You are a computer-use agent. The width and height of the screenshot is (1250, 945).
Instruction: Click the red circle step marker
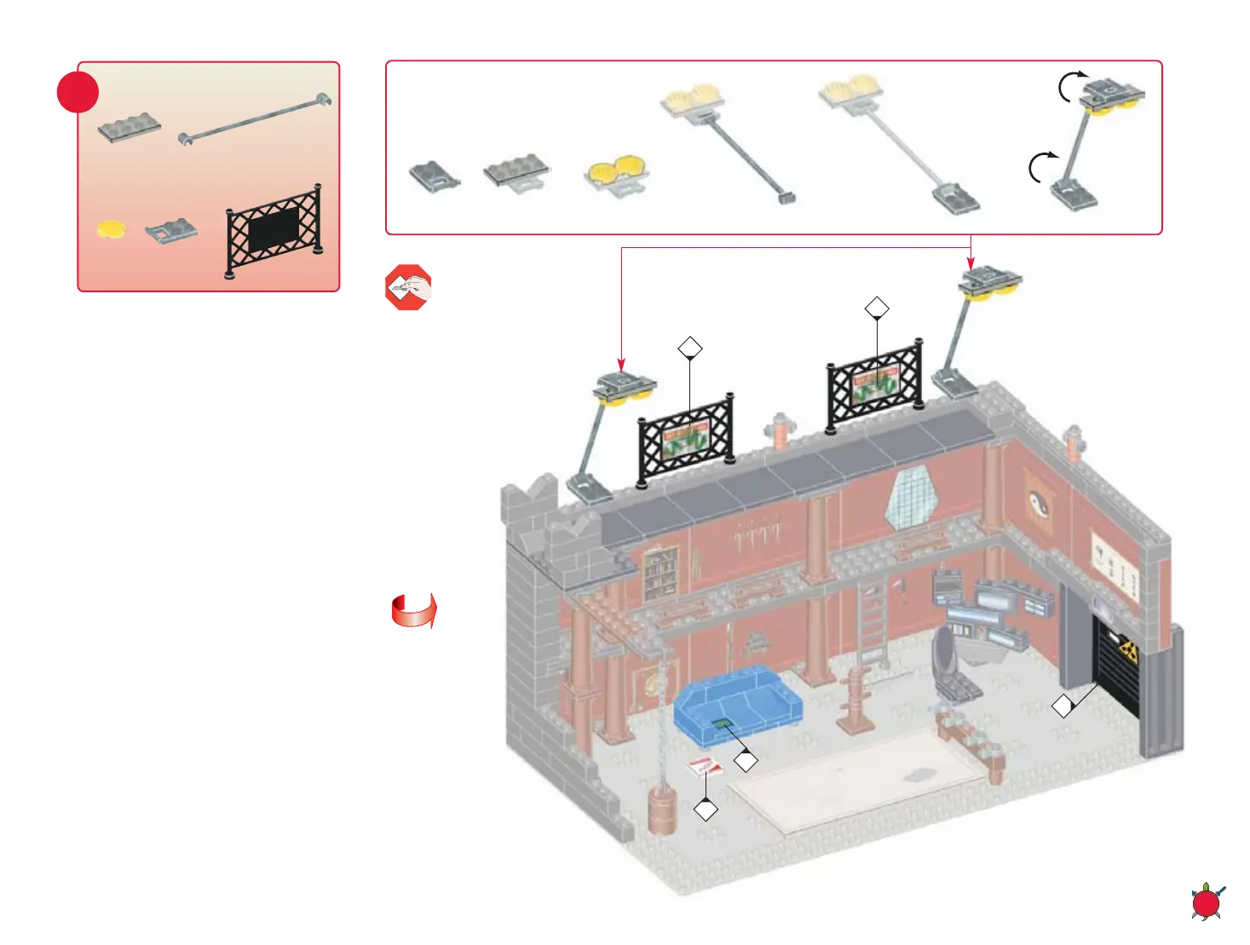(78, 92)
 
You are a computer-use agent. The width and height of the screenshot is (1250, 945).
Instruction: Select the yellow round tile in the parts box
(111, 229)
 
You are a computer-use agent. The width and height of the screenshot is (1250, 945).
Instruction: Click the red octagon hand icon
(408, 287)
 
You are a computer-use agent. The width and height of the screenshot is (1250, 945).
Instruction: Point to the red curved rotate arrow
(414, 611)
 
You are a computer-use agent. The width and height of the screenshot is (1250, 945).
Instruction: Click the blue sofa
(738, 706)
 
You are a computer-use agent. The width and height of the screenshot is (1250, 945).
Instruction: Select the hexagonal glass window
(910, 497)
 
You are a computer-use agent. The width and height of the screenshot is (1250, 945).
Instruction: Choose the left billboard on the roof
(686, 437)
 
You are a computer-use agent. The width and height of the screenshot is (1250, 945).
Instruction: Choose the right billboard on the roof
(875, 383)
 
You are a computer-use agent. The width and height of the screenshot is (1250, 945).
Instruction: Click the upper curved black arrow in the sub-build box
(1072, 85)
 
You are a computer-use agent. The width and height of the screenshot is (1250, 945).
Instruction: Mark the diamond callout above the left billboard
(690, 348)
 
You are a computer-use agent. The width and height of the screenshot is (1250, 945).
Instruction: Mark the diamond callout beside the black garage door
(1063, 706)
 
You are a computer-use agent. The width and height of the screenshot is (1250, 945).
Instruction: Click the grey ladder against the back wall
(872, 623)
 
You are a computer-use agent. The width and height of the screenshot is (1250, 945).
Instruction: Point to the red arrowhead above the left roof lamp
(621, 366)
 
